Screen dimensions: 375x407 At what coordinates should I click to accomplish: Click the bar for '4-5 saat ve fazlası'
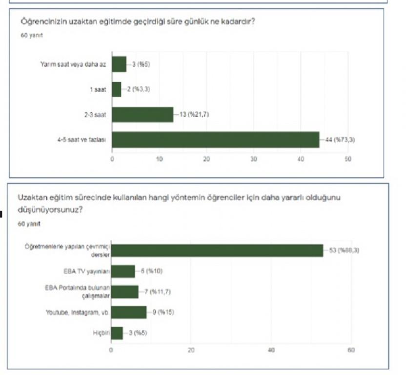point(215,140)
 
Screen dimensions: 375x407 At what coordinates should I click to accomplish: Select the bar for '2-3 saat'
point(142,114)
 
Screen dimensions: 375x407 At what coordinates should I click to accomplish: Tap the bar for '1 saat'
point(117,89)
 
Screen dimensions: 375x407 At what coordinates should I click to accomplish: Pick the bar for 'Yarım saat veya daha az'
point(119,64)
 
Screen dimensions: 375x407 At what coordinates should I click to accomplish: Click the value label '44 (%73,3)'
point(337,140)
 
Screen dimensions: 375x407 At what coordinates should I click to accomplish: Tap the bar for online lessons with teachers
point(217,250)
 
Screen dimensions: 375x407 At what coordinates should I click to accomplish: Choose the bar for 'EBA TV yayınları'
point(123,271)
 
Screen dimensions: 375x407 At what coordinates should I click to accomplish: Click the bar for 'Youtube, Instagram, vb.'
point(129,312)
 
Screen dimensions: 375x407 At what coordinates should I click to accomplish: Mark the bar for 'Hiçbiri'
point(117,333)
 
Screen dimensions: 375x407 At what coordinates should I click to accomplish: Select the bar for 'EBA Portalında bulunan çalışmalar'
point(125,292)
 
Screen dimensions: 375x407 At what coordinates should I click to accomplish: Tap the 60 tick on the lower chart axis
point(351,350)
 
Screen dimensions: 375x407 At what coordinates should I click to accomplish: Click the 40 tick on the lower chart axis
point(271,350)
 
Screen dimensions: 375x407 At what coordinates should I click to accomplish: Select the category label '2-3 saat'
point(97,114)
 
